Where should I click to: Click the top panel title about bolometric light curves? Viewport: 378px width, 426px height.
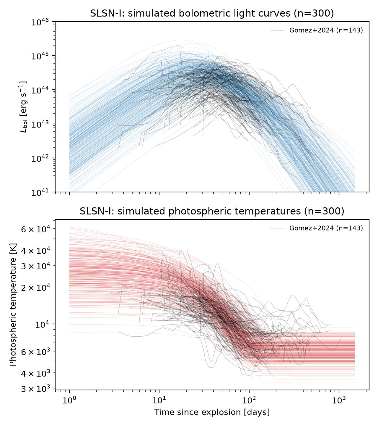(x=212, y=13)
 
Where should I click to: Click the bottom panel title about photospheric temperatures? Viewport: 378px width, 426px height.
(x=212, y=211)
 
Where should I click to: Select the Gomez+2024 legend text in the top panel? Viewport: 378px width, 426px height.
(x=326, y=30)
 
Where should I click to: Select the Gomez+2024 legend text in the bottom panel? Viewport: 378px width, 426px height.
(x=326, y=228)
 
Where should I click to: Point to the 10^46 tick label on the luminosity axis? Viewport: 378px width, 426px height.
(x=40, y=22)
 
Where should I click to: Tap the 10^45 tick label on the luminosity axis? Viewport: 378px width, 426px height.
(x=40, y=56)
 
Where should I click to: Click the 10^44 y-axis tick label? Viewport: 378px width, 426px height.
(x=40, y=90)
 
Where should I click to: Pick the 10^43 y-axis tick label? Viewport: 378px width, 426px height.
(x=40, y=124)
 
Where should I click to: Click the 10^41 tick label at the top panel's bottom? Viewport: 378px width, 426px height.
(x=40, y=192)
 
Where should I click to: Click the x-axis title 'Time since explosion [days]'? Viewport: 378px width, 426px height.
(x=212, y=412)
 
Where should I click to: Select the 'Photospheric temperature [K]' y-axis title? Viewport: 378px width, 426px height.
(x=13, y=305)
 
